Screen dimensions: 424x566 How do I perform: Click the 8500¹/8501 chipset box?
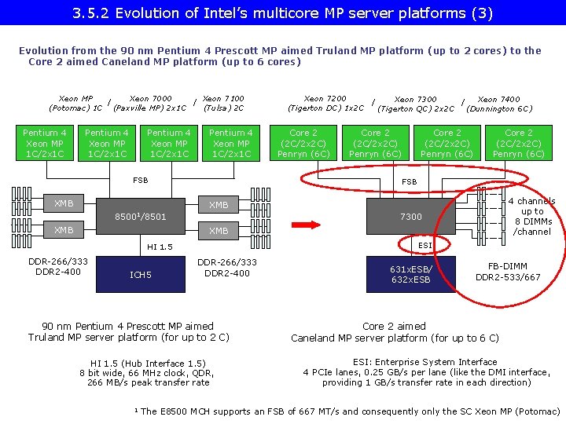point(141,217)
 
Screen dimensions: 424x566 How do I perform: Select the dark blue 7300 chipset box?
point(410,217)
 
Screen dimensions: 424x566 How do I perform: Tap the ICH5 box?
point(141,274)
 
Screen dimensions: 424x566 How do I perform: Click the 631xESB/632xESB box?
point(410,274)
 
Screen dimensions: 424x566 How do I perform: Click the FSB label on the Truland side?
point(140,181)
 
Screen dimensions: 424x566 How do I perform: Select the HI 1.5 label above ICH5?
point(160,247)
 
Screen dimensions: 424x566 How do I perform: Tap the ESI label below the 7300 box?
point(424,246)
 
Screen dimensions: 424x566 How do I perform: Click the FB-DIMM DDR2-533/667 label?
point(508,272)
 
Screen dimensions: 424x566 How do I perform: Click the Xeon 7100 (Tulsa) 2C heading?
point(222,103)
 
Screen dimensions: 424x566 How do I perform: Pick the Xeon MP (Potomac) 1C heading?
point(75,103)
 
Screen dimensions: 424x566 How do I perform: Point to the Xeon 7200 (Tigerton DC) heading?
point(325,103)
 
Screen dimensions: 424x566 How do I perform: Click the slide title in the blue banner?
point(283,13)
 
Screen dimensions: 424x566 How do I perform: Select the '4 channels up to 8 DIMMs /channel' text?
point(532,217)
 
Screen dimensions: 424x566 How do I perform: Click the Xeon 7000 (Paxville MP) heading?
point(150,103)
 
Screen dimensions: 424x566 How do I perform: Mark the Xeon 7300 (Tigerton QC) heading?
point(416,104)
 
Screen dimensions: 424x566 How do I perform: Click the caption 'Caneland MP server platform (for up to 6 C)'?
point(395,338)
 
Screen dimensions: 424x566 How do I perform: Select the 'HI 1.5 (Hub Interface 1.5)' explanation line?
point(148,363)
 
